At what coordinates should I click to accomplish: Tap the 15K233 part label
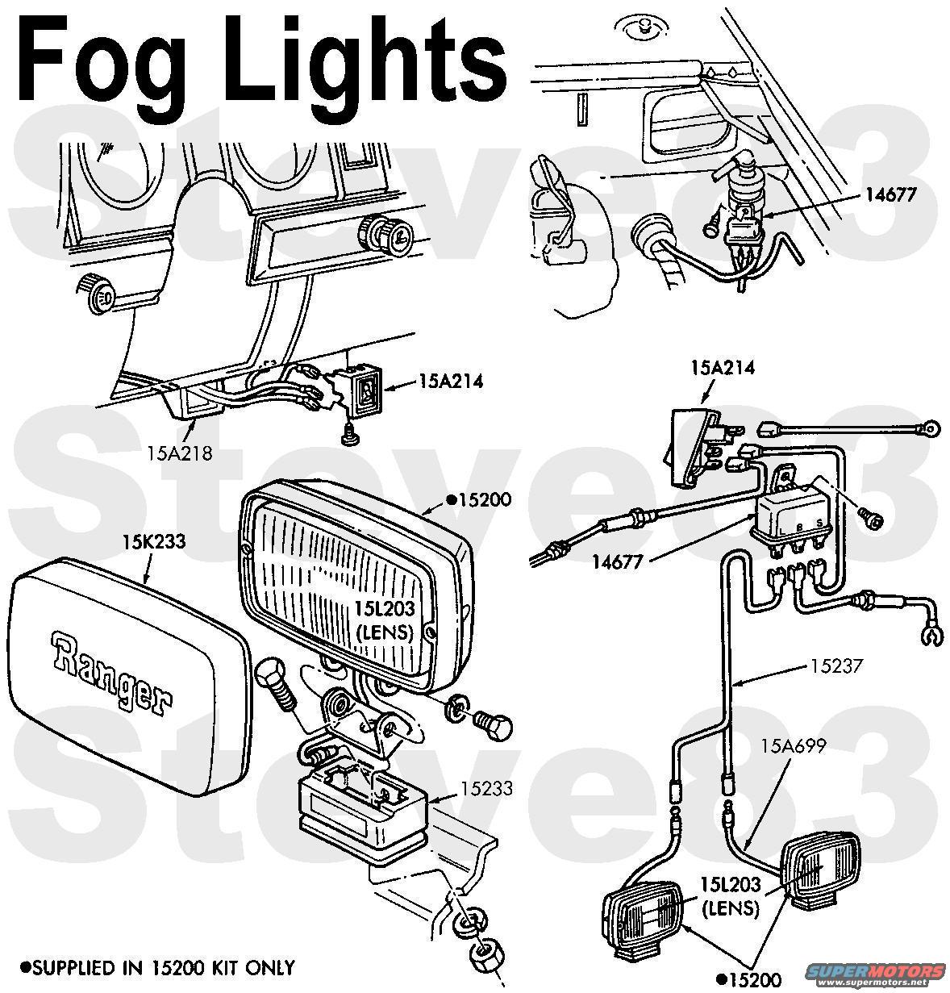tap(153, 541)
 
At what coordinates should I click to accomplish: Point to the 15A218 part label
tap(180, 453)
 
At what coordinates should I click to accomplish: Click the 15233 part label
tap(486, 788)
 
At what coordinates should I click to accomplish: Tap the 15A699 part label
tap(794, 746)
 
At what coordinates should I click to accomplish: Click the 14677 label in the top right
tap(891, 194)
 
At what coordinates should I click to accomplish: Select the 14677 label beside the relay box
tap(618, 561)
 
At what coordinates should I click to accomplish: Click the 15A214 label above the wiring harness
tap(723, 367)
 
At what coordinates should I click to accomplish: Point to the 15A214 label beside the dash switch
tap(451, 382)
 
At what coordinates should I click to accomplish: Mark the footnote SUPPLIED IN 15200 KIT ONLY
tap(157, 967)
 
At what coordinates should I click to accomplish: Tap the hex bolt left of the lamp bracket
tap(276, 686)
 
